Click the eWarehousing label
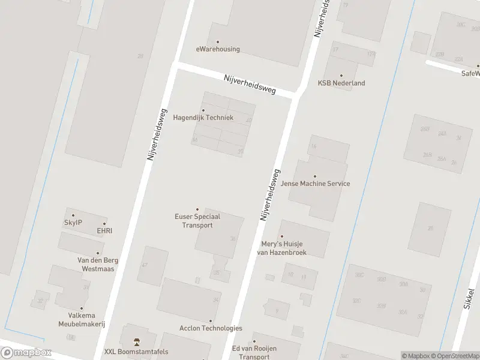click(x=218, y=49)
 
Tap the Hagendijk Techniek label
click(x=203, y=118)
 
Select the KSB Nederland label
click(x=341, y=83)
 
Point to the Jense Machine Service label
click(x=315, y=184)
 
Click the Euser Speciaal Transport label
click(x=197, y=221)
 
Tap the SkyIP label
click(x=73, y=223)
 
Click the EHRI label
click(x=104, y=230)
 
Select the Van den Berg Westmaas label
click(x=98, y=265)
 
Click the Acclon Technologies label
click(x=211, y=328)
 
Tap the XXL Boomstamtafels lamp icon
click(x=137, y=342)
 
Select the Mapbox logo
click(x=26, y=353)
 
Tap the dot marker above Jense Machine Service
click(x=315, y=176)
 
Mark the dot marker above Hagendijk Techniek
click(x=203, y=110)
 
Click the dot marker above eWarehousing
click(x=218, y=41)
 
